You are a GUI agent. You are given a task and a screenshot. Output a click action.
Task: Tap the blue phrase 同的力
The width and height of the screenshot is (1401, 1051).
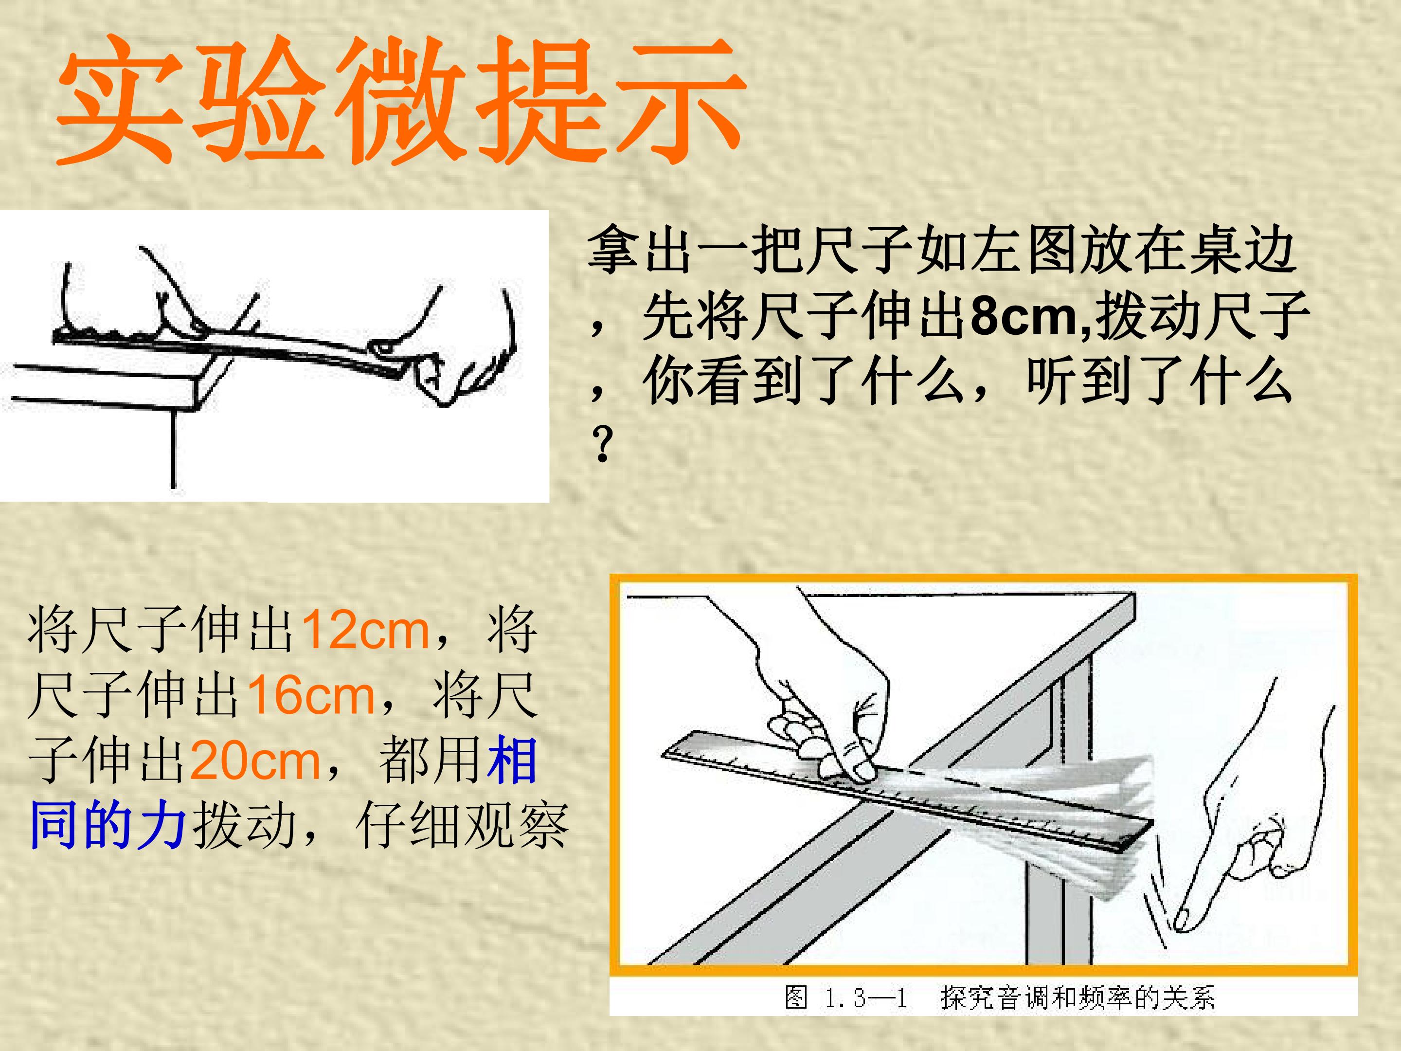pos(108,825)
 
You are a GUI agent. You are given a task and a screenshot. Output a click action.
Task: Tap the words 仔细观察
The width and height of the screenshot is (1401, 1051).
pos(462,825)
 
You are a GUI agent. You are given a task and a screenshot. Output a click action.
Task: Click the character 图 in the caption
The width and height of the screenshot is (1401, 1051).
pos(796,998)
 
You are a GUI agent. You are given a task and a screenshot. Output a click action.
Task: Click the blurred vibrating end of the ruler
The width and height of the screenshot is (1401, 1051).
pos(1077,824)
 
